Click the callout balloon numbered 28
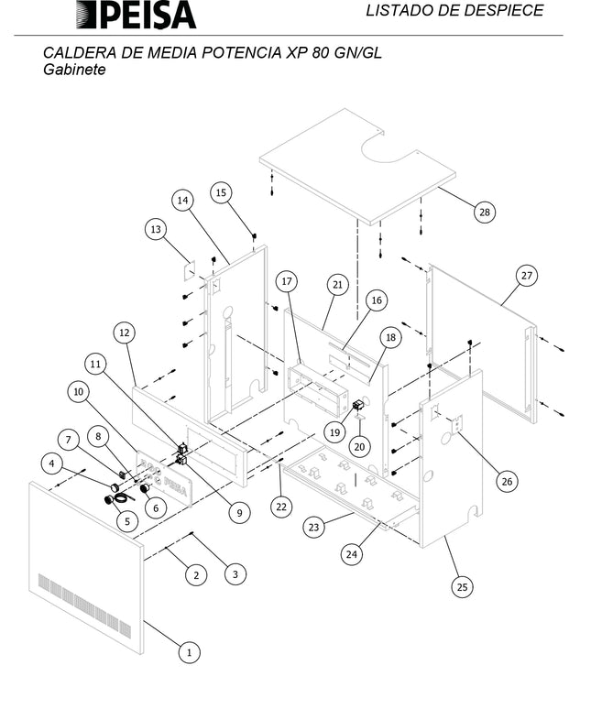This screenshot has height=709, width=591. click(x=484, y=212)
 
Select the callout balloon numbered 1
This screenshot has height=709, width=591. click(x=189, y=653)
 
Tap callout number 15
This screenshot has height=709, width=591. click(x=221, y=192)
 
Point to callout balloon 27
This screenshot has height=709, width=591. click(x=526, y=275)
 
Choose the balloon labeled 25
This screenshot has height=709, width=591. click(x=464, y=587)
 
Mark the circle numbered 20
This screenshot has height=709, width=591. click(x=359, y=446)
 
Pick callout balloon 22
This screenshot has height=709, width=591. click(x=280, y=505)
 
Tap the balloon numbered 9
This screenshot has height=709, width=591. click(x=239, y=513)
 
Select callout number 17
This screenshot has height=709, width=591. click(x=286, y=279)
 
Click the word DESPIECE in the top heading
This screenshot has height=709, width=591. click(x=508, y=11)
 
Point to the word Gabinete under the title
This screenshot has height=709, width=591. click(x=74, y=70)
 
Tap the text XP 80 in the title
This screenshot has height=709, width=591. click(x=310, y=53)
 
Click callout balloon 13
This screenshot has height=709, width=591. click(x=155, y=228)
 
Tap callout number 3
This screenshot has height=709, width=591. click(x=235, y=574)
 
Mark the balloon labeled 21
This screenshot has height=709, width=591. click(x=338, y=285)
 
